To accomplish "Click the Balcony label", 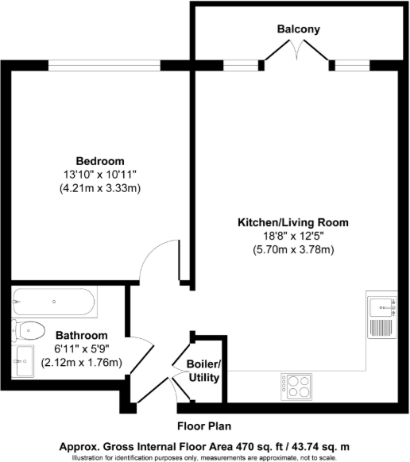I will (298, 29).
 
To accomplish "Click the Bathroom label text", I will (81, 334).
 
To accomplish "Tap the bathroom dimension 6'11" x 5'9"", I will (81, 348).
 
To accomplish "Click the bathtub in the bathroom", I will (54, 302).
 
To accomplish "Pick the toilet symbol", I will (30, 328).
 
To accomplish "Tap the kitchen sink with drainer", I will (381, 318).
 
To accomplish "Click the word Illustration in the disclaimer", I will (94, 457).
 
